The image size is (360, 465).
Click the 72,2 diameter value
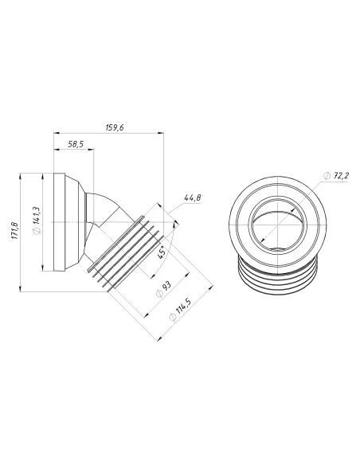pyautogui.click(x=342, y=175)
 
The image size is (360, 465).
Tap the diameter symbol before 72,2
pyautogui.click(x=327, y=175)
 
